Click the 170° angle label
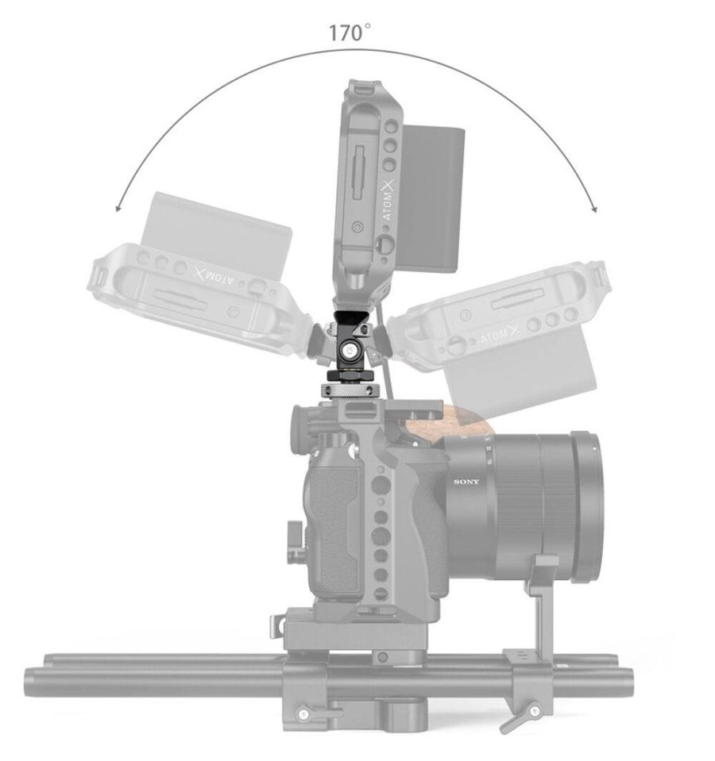pos(350,33)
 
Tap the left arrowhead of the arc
pos(118,208)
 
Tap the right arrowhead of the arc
pos(593,208)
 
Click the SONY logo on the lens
pos(466,482)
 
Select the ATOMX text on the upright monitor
pos(392,202)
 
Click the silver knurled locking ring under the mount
pos(346,390)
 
